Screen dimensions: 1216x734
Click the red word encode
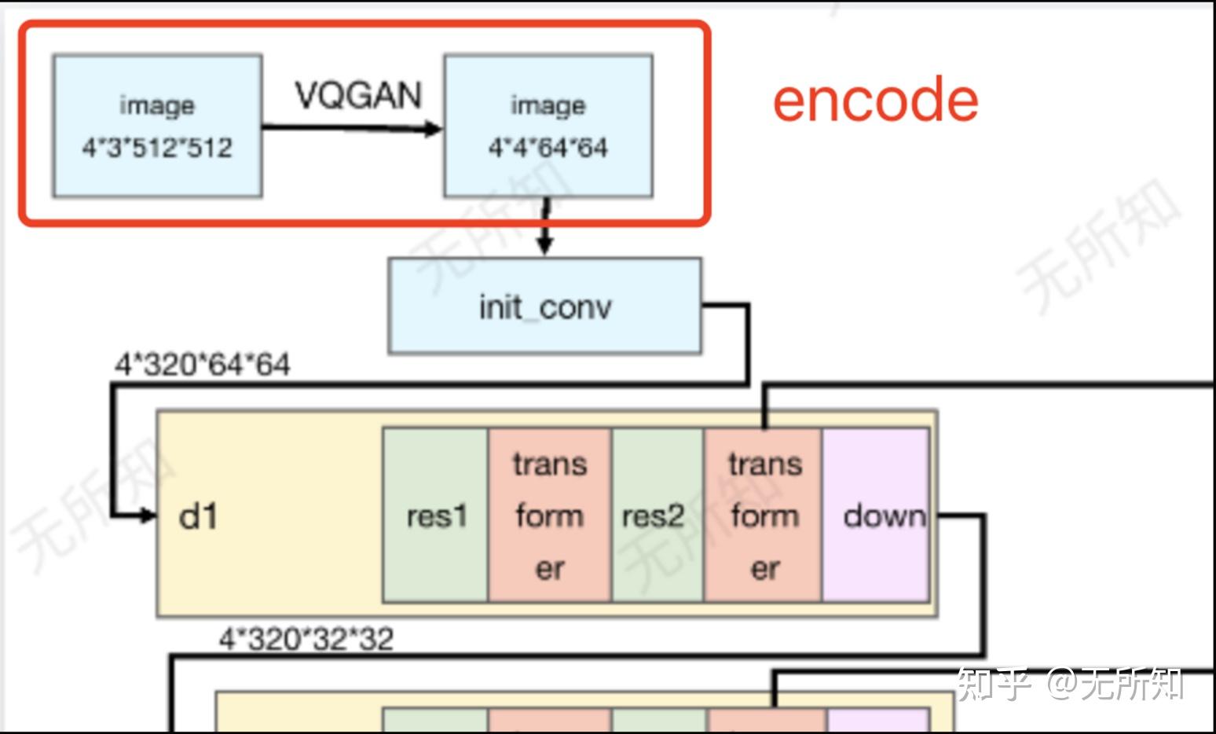tap(875, 100)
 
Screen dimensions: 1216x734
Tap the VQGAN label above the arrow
tap(358, 95)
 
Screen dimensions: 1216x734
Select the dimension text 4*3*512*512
tap(157, 147)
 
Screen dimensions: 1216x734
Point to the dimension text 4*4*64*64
tap(548, 147)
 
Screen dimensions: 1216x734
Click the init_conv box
tap(545, 306)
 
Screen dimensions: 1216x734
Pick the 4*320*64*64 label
tap(203, 364)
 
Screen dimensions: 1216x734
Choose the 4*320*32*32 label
tap(306, 638)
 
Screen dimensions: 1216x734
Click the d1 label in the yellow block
tap(198, 516)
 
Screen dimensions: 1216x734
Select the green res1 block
tap(435, 516)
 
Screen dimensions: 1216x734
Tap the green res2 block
tap(658, 516)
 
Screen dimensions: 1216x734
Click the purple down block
tap(876, 516)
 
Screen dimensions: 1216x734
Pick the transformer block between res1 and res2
tap(550, 516)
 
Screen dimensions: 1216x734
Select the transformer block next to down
tap(764, 516)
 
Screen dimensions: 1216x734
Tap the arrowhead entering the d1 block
tap(148, 516)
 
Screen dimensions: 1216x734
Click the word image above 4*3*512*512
tap(157, 105)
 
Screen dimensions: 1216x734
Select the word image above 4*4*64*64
tap(548, 105)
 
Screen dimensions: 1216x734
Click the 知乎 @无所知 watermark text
tap(1069, 684)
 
